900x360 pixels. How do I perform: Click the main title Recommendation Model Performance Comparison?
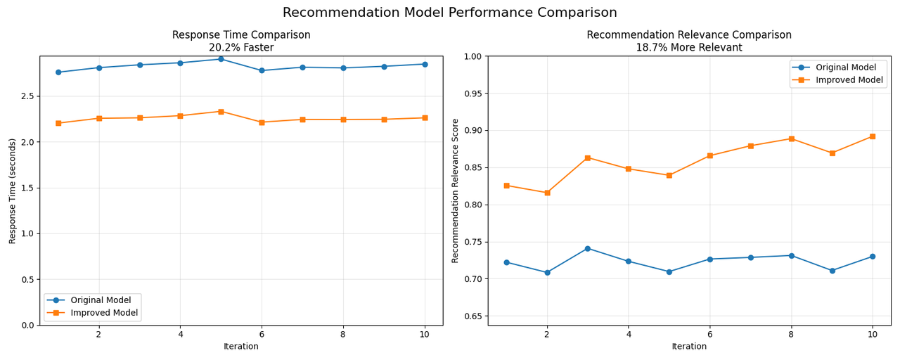coord(450,13)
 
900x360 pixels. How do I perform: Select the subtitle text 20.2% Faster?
coord(241,48)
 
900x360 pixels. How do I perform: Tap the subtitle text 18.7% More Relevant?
coord(689,48)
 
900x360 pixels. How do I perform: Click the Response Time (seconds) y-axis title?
coord(13,191)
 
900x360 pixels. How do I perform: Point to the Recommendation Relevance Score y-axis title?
coord(456,191)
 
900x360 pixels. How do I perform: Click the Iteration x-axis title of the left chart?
coord(241,347)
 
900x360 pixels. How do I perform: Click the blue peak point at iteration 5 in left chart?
coord(221,59)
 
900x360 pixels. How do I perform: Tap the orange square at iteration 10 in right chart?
coord(873,136)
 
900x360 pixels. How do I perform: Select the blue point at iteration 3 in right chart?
coord(588,248)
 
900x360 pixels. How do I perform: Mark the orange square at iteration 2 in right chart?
coord(547,193)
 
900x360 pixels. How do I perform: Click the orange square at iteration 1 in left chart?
coord(58,123)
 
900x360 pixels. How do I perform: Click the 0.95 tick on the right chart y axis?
coord(472,94)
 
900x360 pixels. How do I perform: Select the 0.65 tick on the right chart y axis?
coord(472,316)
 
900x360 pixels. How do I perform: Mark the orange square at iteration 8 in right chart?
coord(791,139)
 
